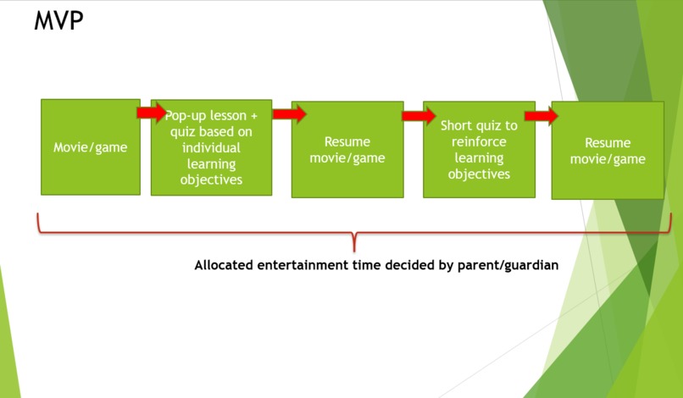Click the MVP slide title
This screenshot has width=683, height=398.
pos(58,21)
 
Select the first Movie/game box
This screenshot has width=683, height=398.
pos(91,146)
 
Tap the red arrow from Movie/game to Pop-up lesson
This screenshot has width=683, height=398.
pos(152,113)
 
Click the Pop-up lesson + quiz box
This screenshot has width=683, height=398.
pos(211,147)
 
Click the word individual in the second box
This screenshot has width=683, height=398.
pos(211,147)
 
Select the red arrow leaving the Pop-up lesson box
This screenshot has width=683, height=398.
pos(289,114)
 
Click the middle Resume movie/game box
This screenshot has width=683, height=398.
pos(347,150)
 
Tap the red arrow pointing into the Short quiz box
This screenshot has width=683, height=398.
pos(419,116)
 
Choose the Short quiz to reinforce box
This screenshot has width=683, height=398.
pos(479,150)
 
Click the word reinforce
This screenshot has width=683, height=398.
pos(479,142)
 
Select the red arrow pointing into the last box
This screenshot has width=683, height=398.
pos(541,116)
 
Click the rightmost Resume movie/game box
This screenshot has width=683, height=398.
pos(607,151)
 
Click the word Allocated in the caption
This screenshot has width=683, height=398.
pos(224,265)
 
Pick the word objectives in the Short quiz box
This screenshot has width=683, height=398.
pos(479,174)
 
